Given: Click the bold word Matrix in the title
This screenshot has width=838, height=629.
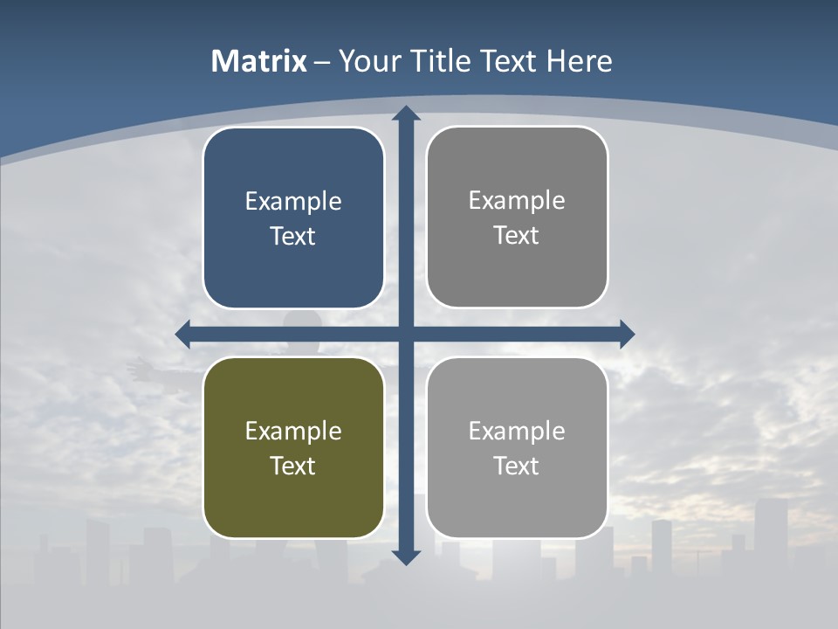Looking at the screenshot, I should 258,61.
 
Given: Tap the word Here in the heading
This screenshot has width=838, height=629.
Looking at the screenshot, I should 580,61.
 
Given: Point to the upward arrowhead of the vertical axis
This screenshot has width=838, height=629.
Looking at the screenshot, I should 406,113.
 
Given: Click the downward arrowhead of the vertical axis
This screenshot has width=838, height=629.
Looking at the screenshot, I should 406,556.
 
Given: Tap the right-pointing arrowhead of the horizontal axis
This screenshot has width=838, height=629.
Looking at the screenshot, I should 627,334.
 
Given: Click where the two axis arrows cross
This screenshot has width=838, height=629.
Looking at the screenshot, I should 406,334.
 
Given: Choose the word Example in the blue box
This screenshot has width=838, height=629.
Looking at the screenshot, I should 293,202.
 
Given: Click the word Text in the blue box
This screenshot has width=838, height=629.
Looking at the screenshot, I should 293,237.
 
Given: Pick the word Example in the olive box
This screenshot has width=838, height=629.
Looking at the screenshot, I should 293,431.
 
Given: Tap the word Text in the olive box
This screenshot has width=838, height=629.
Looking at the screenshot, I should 293,466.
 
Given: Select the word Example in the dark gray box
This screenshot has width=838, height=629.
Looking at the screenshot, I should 517,201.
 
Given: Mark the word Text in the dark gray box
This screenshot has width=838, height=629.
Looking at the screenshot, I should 517,236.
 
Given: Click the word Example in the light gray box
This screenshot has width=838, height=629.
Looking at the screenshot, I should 517,431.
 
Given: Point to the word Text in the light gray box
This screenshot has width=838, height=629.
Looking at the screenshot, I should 517,466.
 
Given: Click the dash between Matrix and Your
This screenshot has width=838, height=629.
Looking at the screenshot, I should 322,62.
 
